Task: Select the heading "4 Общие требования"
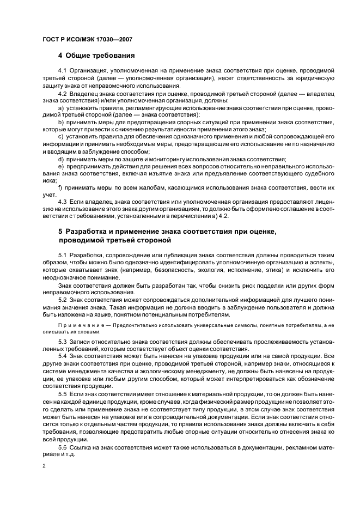(x=96, y=56)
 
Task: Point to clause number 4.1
(x=62, y=71)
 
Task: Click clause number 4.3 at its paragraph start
(x=62, y=202)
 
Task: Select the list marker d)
(x=60, y=159)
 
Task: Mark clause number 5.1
(x=62, y=255)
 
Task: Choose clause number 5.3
(x=62, y=342)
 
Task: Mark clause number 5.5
(x=62, y=392)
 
